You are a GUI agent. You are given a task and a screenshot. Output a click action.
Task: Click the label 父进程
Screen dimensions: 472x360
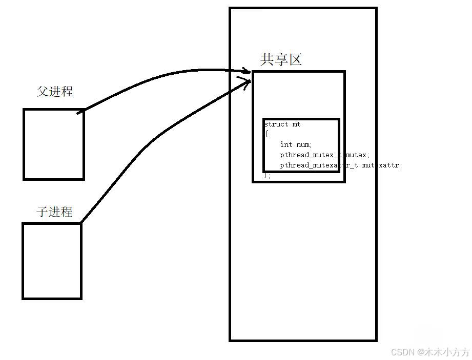pos(55,92)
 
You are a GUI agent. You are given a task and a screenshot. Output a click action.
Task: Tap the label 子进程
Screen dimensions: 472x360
pos(54,211)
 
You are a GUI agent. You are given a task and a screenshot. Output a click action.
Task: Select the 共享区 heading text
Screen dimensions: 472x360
pos(281,60)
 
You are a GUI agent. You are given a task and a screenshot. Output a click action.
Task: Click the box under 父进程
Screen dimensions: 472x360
pos(54,144)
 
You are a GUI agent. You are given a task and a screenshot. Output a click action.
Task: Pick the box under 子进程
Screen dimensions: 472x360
pos(52,261)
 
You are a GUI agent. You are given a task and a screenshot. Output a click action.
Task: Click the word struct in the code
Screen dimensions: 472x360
pos(276,124)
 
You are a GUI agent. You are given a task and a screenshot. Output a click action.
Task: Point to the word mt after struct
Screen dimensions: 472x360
pos(296,124)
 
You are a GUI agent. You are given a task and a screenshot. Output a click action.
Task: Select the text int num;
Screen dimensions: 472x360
pos(296,145)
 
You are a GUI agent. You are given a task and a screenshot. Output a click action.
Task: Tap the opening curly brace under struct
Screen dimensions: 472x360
pos(266,134)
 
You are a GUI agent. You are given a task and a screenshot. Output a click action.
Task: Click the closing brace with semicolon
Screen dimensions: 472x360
pos(267,175)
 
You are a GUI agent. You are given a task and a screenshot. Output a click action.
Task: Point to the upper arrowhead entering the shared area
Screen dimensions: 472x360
pos(247,71)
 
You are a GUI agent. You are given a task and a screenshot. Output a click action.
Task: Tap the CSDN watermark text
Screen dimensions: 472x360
pos(402,352)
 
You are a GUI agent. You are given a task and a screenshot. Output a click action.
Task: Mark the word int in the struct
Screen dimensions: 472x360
pos(286,145)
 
